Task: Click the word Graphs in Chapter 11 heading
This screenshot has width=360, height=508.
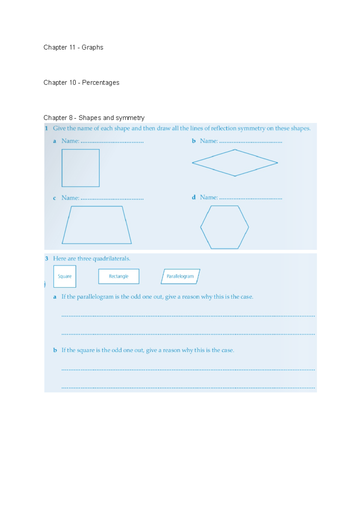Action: pos(92,47)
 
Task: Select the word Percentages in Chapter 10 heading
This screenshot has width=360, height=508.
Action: pos(100,82)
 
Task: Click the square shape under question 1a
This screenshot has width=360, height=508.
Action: pos(80,168)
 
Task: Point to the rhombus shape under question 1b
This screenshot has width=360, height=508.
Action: pos(235,163)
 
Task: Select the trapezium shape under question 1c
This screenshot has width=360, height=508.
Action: pos(97,225)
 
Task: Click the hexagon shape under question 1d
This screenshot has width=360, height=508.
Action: pos(224,227)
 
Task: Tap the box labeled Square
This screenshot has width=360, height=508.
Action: pos(65,276)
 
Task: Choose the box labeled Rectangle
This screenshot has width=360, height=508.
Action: pos(119,276)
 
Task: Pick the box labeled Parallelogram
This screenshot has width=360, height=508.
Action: pos(180,276)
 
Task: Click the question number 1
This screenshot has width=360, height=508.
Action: pos(46,128)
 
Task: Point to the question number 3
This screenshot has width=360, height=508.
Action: pos(47,258)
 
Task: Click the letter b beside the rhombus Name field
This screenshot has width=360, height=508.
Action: pos(194,141)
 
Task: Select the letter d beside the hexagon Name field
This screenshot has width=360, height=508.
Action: pos(194,197)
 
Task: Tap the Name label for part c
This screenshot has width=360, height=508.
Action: pos(70,198)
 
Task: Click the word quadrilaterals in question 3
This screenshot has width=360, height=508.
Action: pos(111,258)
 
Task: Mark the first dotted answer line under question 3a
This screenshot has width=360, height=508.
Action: pos(188,316)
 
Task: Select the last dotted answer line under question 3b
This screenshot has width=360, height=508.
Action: pos(188,388)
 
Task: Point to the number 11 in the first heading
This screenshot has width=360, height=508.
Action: pos(72,47)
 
